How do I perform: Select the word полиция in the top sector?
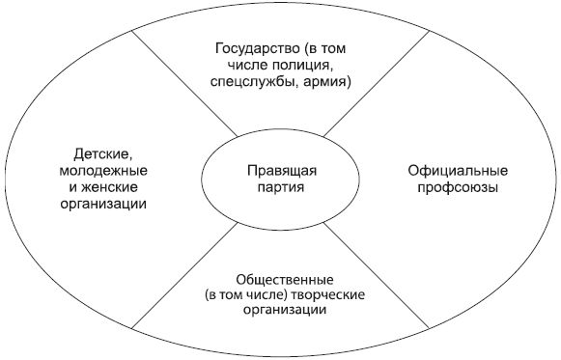[x=304, y=65]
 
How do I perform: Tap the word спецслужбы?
[x=252, y=83]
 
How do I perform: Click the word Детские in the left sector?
[x=98, y=152]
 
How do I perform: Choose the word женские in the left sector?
[x=113, y=189]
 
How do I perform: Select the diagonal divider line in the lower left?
[x=183, y=275]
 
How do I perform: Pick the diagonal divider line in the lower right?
[x=377, y=275]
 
